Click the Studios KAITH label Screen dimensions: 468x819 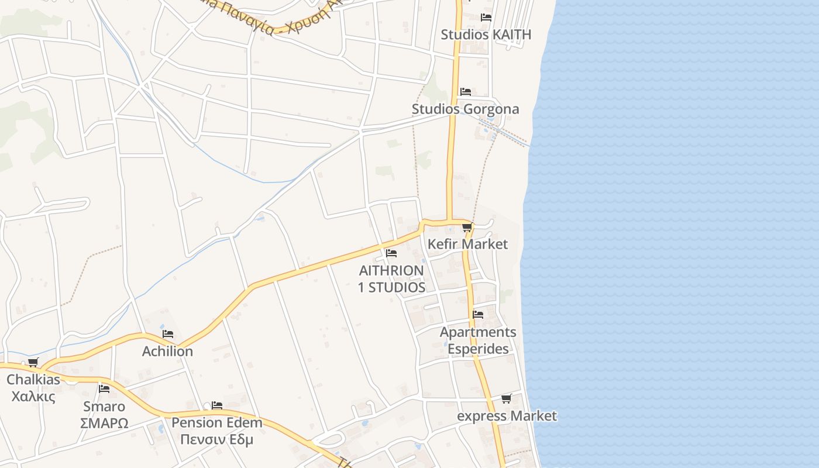click(486, 35)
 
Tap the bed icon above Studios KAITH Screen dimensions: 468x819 click(486, 17)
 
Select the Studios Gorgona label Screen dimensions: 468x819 click(465, 109)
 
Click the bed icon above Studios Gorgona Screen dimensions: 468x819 click(466, 91)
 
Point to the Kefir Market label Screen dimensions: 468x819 click(467, 244)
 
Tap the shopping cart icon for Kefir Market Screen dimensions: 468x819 click(467, 227)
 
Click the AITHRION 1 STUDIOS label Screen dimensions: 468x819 click(391, 279)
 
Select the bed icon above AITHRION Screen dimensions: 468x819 click(391, 253)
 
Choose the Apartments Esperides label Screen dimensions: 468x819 click(478, 340)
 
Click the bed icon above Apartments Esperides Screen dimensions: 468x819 click(478, 315)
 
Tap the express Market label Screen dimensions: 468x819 click(507, 416)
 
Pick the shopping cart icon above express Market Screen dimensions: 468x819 click(506, 399)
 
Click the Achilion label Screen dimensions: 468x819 click(167, 351)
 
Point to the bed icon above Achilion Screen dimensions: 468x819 click(168, 334)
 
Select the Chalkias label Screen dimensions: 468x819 click(33, 380)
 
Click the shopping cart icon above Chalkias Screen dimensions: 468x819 click(33, 363)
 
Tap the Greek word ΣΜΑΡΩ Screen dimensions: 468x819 click(104, 423)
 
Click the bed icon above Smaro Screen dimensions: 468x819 click(104, 388)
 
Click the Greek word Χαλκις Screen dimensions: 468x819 click(33, 396)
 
